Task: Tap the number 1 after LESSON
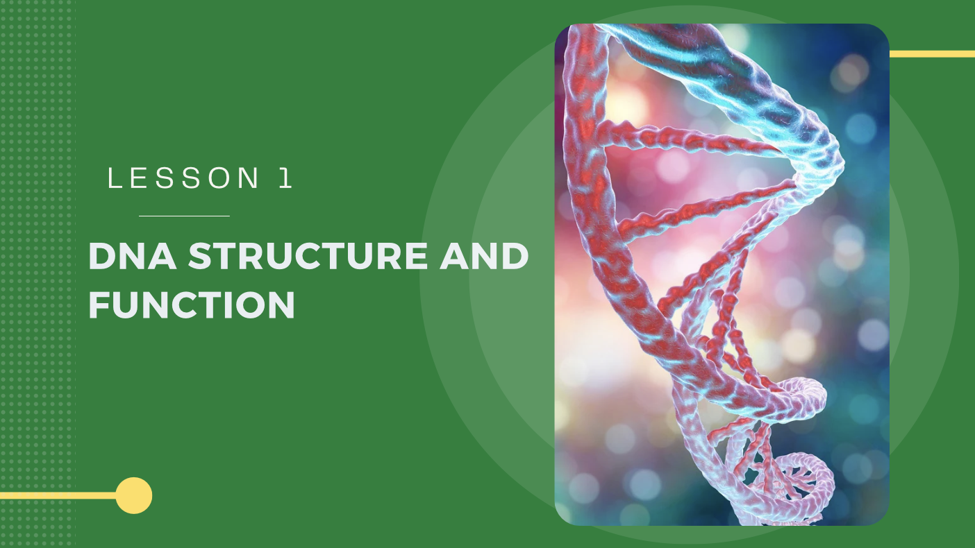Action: point(285,179)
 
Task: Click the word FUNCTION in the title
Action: point(192,305)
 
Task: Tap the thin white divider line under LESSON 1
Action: point(184,216)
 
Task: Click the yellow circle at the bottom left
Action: point(133,495)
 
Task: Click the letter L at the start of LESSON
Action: point(115,179)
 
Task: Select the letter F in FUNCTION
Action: point(100,305)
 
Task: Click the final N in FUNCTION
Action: point(282,305)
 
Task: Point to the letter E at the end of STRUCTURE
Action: point(418,257)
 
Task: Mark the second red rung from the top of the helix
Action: point(701,208)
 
